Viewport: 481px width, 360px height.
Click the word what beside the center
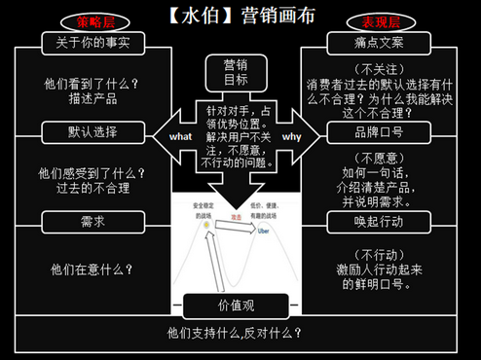click(180, 137)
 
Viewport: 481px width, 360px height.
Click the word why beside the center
click(291, 137)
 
